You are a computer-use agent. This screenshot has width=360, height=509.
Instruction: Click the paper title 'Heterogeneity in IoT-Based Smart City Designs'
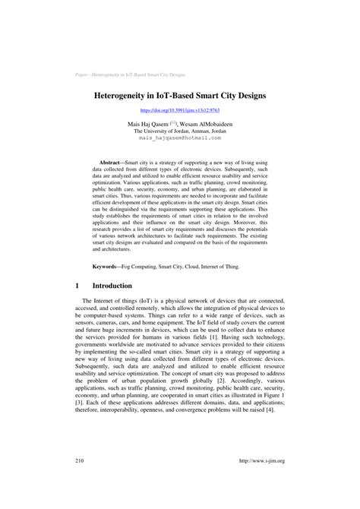click(x=180, y=98)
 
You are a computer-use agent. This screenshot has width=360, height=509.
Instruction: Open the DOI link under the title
click(x=180, y=111)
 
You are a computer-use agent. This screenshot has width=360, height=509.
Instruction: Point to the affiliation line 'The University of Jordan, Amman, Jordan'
click(x=180, y=131)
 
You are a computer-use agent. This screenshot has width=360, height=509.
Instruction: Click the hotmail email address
click(x=180, y=139)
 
